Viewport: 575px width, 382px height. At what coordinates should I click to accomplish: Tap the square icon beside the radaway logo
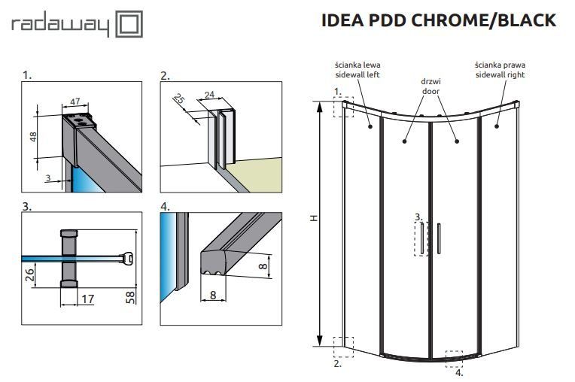pyautogui.click(x=128, y=26)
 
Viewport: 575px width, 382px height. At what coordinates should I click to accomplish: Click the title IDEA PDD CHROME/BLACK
pyautogui.click(x=438, y=20)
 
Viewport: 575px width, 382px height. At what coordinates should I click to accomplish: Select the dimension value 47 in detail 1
pyautogui.click(x=75, y=101)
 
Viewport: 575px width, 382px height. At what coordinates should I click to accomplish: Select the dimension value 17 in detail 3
pyautogui.click(x=87, y=299)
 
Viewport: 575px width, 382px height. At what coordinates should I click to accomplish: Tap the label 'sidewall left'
pyautogui.click(x=357, y=75)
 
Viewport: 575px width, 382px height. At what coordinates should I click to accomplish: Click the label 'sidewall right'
pyautogui.click(x=500, y=75)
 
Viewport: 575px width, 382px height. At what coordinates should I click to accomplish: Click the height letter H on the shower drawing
pyautogui.click(x=313, y=219)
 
